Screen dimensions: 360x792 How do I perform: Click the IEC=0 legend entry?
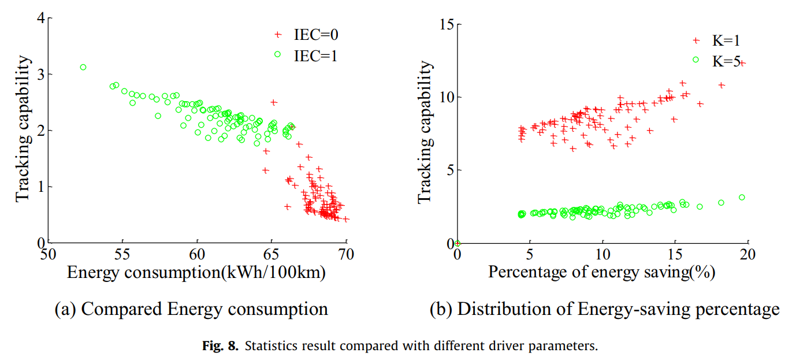[x=306, y=35]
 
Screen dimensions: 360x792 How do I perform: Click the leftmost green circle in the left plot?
[x=83, y=67]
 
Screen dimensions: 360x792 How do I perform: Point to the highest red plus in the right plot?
[x=743, y=63]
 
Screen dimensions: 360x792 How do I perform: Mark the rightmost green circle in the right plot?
[x=742, y=197]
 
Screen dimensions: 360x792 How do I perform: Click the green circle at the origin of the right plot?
[x=458, y=243]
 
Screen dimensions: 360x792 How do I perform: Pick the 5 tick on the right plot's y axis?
[x=448, y=170]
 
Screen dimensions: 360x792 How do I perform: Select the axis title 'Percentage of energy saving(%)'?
[x=602, y=272]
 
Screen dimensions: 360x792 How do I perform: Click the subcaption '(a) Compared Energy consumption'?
[x=191, y=309]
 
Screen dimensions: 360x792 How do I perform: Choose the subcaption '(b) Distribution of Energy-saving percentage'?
[x=604, y=309]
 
